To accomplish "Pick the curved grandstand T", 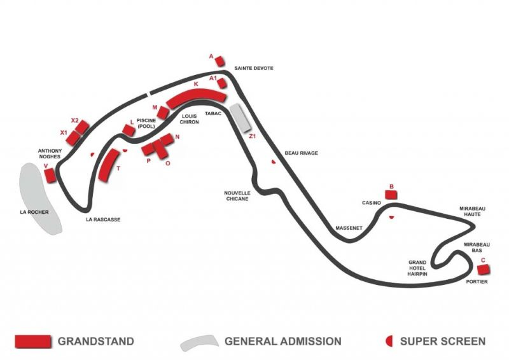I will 109,165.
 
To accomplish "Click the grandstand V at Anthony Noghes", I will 50,176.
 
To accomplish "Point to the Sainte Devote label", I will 254,67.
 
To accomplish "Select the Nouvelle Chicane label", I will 237,195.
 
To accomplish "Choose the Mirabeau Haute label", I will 472,211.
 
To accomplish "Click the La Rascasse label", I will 103,219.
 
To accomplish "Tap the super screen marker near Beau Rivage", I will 274,162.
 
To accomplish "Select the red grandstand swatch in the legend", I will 32,342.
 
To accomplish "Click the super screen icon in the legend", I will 389,342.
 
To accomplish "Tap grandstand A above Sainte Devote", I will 220,62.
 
